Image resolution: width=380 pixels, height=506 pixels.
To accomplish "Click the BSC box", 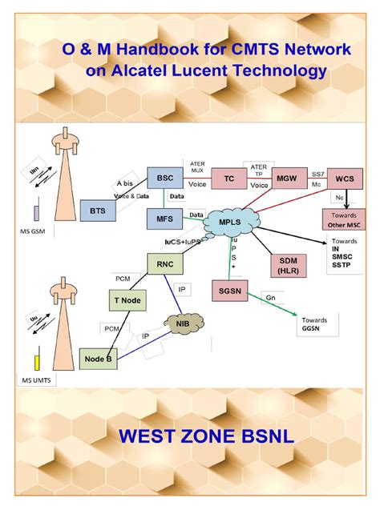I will pos(166,178).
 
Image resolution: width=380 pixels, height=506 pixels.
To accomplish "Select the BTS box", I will pos(97,211).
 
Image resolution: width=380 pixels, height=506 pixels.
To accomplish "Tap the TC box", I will pos(229,179).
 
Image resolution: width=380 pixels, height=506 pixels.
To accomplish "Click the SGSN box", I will pos(230,291).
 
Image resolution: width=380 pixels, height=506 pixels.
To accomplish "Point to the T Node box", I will pos(127,300).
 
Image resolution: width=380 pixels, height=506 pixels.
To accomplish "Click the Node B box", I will pos(99,359).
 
